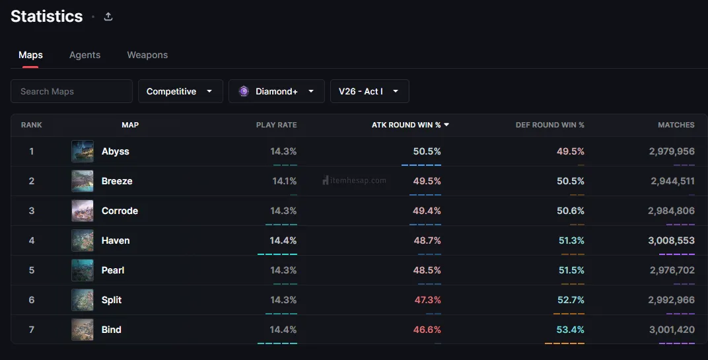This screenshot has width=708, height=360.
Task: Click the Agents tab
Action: [x=85, y=55]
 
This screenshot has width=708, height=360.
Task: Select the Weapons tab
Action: [x=147, y=55]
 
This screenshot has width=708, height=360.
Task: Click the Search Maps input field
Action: [x=71, y=91]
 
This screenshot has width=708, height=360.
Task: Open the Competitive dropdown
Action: [x=180, y=91]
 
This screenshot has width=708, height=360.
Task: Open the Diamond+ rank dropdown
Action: [x=276, y=91]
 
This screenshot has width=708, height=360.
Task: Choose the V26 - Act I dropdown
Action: [x=369, y=91]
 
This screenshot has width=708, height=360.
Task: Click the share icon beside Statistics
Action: [x=108, y=17]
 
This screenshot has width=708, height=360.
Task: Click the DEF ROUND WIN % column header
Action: [x=549, y=125]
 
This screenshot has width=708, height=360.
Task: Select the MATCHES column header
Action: [x=676, y=125]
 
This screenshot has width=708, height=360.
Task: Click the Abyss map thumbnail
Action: [x=83, y=151]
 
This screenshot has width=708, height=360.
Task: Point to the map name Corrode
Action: [x=120, y=211]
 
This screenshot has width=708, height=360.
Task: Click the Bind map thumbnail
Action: [x=83, y=330]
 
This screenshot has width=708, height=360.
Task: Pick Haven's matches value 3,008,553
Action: [x=671, y=240]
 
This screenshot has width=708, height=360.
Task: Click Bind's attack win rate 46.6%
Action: [x=427, y=330]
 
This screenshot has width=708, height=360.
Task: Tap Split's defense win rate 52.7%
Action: [x=571, y=300]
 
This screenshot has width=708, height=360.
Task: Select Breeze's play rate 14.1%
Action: [x=285, y=181]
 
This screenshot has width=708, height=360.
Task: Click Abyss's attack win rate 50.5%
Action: [x=427, y=151]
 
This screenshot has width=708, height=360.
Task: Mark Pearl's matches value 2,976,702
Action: [x=672, y=270]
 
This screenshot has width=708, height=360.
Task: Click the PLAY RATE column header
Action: [x=276, y=125]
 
